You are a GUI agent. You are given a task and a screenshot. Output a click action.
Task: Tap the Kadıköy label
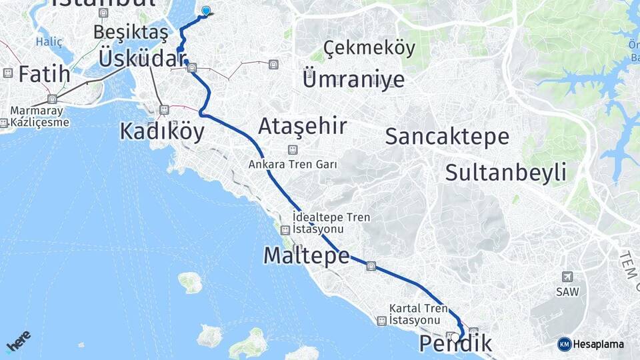(162, 131)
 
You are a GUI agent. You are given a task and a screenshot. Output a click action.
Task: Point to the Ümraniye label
(353, 79)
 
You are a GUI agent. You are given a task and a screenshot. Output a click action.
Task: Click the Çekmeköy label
(369, 48)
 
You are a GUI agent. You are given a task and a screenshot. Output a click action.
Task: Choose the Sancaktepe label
(447, 137)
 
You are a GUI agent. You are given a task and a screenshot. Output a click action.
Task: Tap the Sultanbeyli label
(505, 172)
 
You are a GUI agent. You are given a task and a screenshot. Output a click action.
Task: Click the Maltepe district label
(306, 255)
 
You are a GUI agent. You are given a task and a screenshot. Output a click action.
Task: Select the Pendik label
(457, 345)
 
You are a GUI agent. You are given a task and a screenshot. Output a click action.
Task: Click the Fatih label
(44, 74)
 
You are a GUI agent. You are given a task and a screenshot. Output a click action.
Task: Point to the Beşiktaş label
(131, 31)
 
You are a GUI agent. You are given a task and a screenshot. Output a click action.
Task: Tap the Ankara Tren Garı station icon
(292, 149)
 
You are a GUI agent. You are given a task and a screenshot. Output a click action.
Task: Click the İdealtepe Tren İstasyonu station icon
(285, 230)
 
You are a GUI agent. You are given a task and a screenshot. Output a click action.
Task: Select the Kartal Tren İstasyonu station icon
(381, 321)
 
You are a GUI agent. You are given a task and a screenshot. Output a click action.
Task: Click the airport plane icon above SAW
(567, 277)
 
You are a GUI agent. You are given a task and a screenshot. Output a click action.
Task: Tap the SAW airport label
(567, 291)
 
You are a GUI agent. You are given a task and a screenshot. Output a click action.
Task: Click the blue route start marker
(206, 11)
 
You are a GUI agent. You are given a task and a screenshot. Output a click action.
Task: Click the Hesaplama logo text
(598, 344)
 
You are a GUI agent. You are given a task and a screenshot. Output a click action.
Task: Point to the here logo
(19, 341)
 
